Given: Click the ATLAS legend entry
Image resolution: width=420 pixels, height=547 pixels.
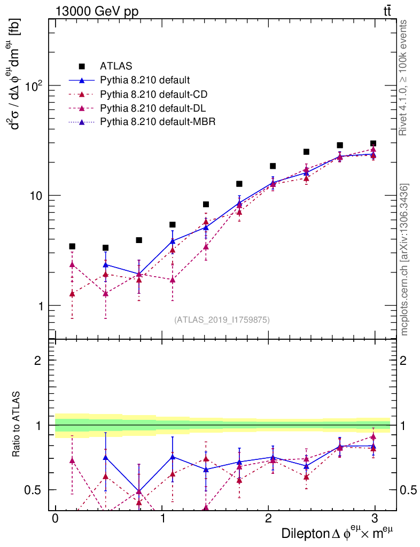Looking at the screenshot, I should pyautogui.click(x=116, y=66).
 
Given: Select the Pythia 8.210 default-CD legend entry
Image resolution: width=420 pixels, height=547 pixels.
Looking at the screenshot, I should pyautogui.click(x=153, y=94).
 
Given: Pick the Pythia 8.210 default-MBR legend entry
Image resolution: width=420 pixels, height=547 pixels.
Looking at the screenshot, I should pyautogui.click(x=157, y=122).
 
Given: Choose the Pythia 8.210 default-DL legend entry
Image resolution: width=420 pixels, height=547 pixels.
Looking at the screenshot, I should pyautogui.click(x=153, y=108).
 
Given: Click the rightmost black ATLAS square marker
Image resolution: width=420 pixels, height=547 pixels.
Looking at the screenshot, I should pyautogui.click(x=373, y=143).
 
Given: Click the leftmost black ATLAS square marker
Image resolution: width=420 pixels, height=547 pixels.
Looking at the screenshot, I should pyautogui.click(x=72, y=246).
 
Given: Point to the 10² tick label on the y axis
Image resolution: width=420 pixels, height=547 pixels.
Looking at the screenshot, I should pyautogui.click(x=35, y=86).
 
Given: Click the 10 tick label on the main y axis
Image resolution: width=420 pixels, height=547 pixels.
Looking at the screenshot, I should pyautogui.click(x=36, y=196).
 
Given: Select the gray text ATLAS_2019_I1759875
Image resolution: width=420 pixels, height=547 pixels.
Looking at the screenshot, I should pyautogui.click(x=222, y=320).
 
